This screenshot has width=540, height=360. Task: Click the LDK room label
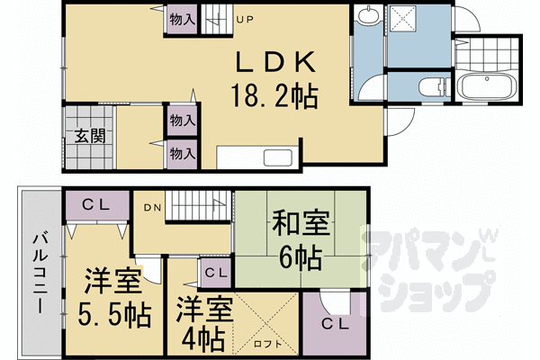click(275, 62)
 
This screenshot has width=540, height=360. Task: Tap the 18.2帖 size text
click(274, 96)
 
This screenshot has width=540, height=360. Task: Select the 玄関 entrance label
click(90, 136)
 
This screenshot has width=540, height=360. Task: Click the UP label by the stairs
click(245, 20)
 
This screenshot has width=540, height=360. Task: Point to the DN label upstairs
click(152, 208)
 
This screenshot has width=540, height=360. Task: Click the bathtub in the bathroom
click(488, 85)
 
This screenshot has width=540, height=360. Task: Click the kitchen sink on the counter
click(277, 158)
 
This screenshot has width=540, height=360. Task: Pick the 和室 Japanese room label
click(301, 223)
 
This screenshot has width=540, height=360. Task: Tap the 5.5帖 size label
click(114, 314)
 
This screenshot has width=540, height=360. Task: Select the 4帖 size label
click(203, 338)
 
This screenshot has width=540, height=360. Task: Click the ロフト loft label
click(267, 344)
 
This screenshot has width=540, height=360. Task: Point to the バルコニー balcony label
click(40, 273)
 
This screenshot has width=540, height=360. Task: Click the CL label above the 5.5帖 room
click(95, 205)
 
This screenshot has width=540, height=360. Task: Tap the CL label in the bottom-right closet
click(335, 324)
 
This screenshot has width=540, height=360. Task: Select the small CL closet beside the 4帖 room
click(216, 274)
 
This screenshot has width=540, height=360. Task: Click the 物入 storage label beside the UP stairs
click(183, 20)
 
